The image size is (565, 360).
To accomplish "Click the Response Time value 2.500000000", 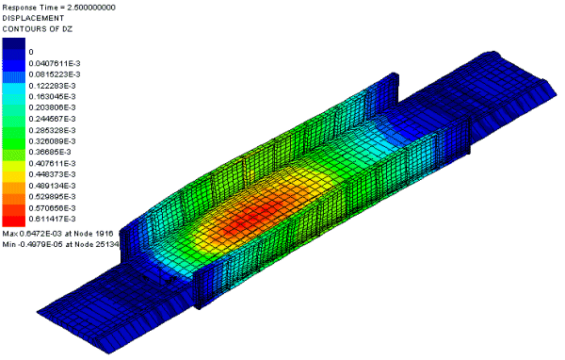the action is [x=91, y=8].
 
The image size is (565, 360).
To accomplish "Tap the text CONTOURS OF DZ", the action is [x=38, y=29].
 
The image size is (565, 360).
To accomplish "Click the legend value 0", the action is [x=31, y=53].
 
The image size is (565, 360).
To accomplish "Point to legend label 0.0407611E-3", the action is [x=55, y=63].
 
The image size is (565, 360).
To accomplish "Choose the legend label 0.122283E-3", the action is [x=52, y=86].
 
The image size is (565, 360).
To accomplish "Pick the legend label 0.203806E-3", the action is [x=52, y=107].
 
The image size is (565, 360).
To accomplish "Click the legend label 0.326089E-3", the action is [x=52, y=141].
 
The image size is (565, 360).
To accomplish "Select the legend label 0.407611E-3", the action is [x=52, y=163].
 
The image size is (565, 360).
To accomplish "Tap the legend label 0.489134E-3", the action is [x=52, y=186].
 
